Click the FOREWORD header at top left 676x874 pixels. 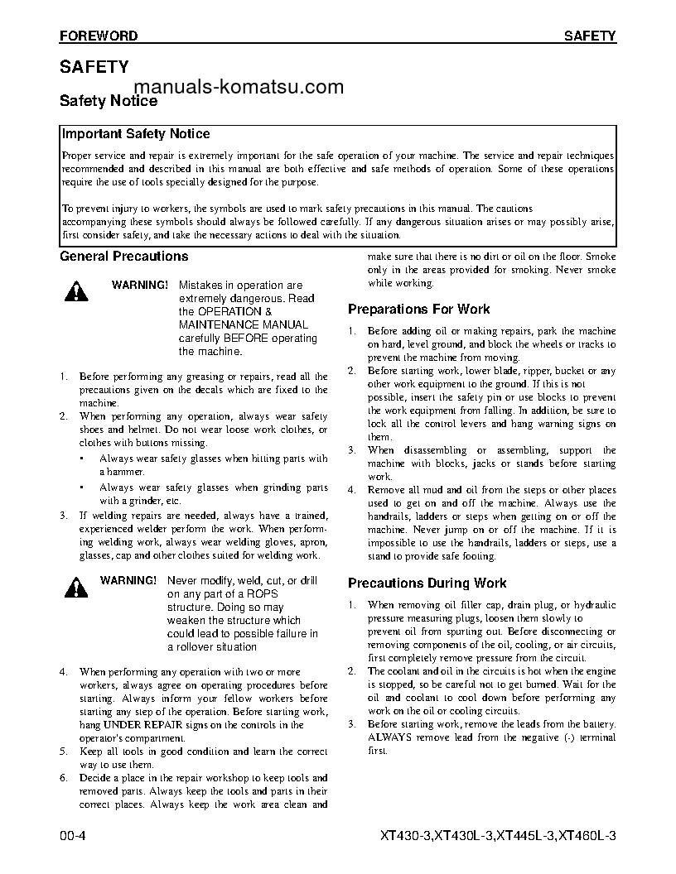pos(99,36)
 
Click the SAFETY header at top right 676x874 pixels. pos(590,36)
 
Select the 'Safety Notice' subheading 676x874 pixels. pos(109,101)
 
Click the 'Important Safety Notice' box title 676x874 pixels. pos(137,134)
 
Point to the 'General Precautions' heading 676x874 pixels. pos(124,257)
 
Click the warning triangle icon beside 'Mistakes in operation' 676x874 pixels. pos(76,291)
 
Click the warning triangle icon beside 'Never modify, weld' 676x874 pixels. pos(76,587)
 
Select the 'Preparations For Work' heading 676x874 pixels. pos(418,310)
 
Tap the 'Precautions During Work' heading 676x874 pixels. pos(427,583)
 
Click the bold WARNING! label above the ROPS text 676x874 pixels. pos(128,580)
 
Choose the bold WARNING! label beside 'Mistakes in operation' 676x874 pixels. pos(139,285)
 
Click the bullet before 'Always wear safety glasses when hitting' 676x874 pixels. pos(82,458)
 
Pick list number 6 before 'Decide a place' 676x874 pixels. pos(64,778)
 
